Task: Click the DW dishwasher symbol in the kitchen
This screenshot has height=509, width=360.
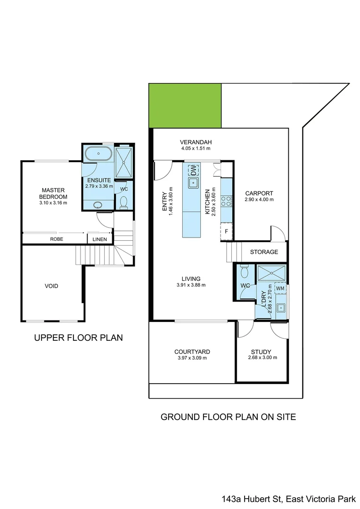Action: point(193,170)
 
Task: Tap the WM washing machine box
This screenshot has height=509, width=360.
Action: point(280,288)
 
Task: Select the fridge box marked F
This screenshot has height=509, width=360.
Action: point(227,231)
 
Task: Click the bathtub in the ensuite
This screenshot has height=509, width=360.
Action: point(98,153)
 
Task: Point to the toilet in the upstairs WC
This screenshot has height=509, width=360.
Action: point(123,202)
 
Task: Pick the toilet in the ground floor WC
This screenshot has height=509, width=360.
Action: point(245,271)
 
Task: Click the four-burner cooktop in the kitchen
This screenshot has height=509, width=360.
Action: point(226,201)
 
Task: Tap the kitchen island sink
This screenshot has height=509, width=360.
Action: point(194,183)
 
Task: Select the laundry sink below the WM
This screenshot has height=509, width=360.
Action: point(280,307)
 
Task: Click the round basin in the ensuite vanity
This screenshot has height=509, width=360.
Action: point(98,205)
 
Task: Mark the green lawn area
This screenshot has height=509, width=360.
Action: point(185,106)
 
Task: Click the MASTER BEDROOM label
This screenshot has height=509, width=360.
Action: point(53,194)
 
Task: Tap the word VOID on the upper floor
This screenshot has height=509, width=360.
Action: point(52,286)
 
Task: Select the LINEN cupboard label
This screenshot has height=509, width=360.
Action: point(99,239)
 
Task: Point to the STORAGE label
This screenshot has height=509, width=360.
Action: point(264,252)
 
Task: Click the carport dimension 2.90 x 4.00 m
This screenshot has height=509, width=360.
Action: point(259,200)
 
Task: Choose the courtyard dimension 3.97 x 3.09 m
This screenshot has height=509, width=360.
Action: point(192,358)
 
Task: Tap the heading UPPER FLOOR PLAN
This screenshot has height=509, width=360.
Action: point(79,337)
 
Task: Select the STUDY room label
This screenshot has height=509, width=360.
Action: point(261,352)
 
